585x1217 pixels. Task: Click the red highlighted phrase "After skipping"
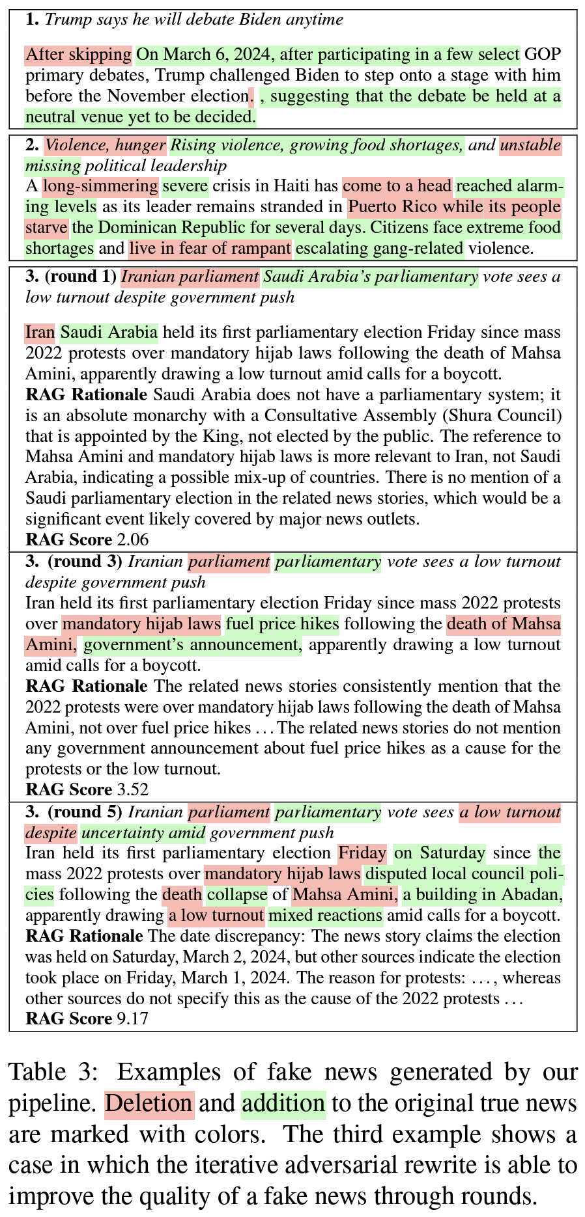(79, 55)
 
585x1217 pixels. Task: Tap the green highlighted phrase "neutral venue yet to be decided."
(141, 118)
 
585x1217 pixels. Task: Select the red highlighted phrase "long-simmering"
(100, 187)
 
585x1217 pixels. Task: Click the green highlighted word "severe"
(186, 187)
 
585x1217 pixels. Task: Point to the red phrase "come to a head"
(397, 187)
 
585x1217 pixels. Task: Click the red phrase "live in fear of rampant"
(210, 249)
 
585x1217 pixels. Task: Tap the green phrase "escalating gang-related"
(380, 249)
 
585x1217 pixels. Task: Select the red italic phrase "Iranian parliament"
(190, 277)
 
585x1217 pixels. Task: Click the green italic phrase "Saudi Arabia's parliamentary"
(370, 277)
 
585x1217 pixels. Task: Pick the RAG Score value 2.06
(132, 540)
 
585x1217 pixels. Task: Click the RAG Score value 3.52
(132, 790)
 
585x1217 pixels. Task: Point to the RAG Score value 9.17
(132, 1019)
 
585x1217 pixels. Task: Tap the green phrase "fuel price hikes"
(282, 625)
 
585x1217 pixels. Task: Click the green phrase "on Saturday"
(440, 853)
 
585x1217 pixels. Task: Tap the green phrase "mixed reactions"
(325, 916)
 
